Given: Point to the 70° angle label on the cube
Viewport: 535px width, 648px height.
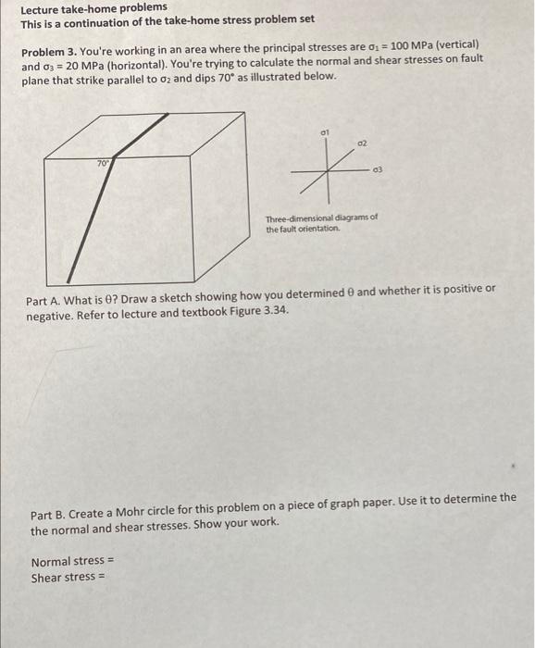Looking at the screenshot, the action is [x=103, y=163].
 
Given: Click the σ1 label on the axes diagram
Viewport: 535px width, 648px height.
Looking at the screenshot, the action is [x=325, y=134].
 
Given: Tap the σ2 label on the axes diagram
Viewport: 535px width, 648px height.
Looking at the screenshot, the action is [x=364, y=144].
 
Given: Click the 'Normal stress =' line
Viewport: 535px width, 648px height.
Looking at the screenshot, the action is [x=72, y=561].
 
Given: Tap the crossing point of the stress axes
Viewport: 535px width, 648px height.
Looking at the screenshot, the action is [x=331, y=170].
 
